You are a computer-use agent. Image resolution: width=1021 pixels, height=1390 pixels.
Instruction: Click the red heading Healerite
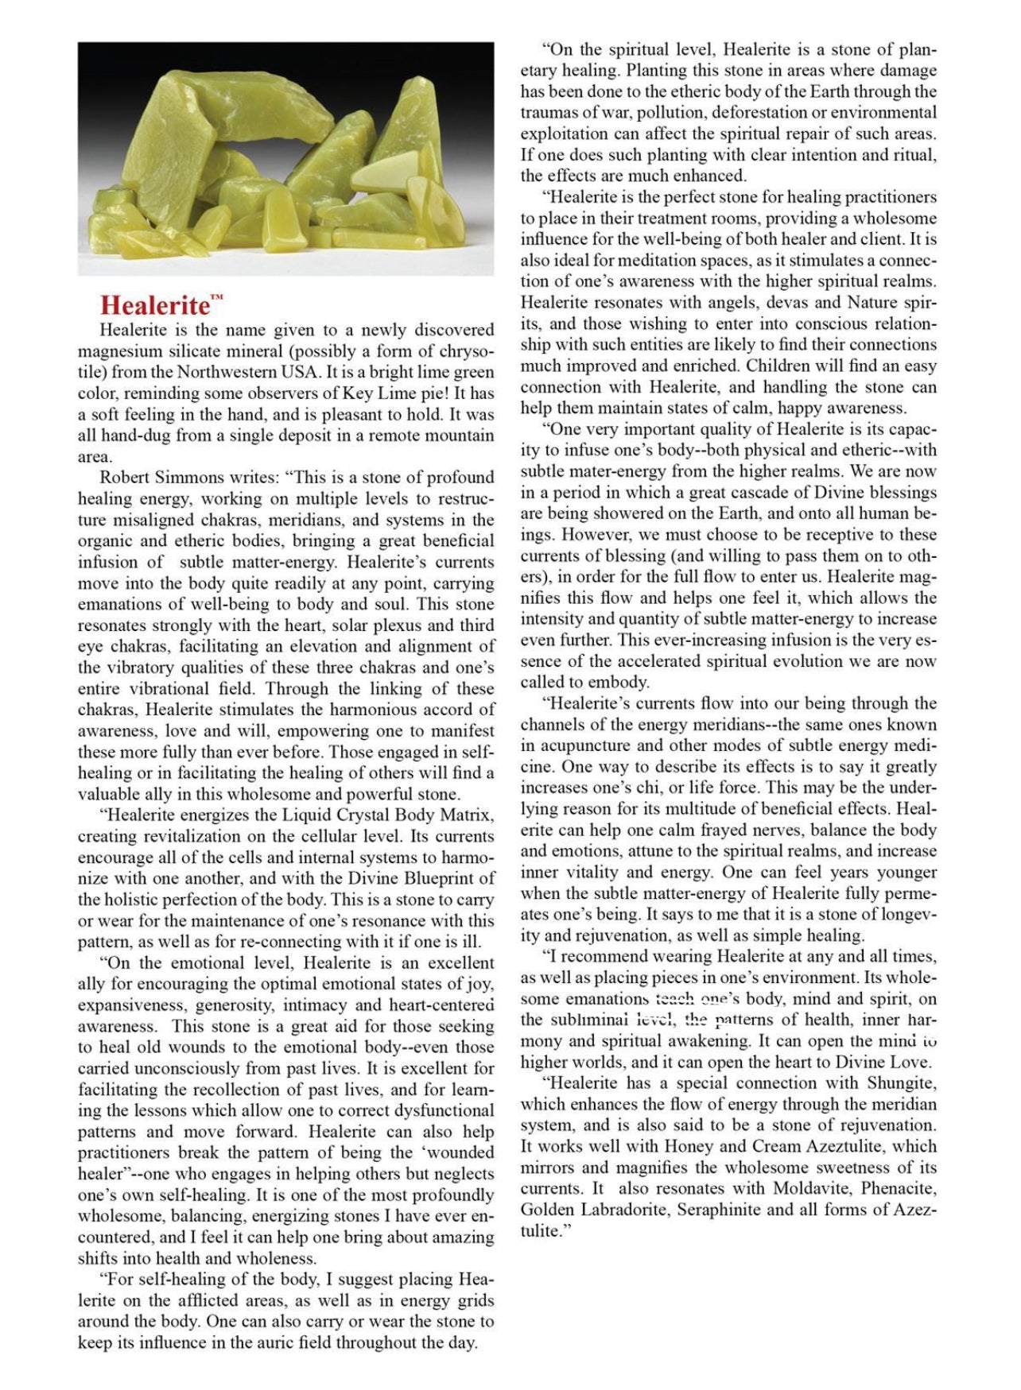(x=155, y=306)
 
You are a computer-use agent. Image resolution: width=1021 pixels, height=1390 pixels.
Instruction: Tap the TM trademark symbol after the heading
(x=217, y=299)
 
